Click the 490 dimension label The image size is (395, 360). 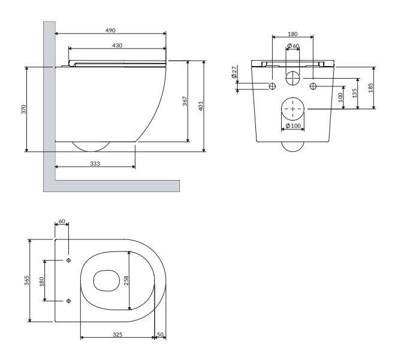click(110, 31)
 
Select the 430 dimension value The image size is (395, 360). click(117, 46)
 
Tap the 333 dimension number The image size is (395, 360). click(95, 164)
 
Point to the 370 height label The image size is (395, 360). click(24, 109)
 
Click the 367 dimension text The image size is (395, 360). click(185, 101)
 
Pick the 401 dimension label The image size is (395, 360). click(201, 106)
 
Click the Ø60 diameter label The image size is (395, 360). click(293, 46)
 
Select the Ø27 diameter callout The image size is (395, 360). click(234, 72)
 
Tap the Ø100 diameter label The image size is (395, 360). click(293, 125)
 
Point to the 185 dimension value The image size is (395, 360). click(370, 88)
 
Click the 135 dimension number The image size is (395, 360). click(355, 93)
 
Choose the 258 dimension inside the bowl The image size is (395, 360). click(126, 280)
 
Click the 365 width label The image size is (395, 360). click(27, 281)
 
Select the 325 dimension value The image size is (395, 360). click(117, 335)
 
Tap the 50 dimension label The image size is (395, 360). click(160, 335)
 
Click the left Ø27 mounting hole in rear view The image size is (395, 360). click(272, 86)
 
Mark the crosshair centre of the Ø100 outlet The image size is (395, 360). click(293, 109)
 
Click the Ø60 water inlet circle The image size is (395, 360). click(293, 78)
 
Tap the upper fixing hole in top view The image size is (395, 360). click(68, 260)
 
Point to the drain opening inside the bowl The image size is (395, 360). click(106, 281)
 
